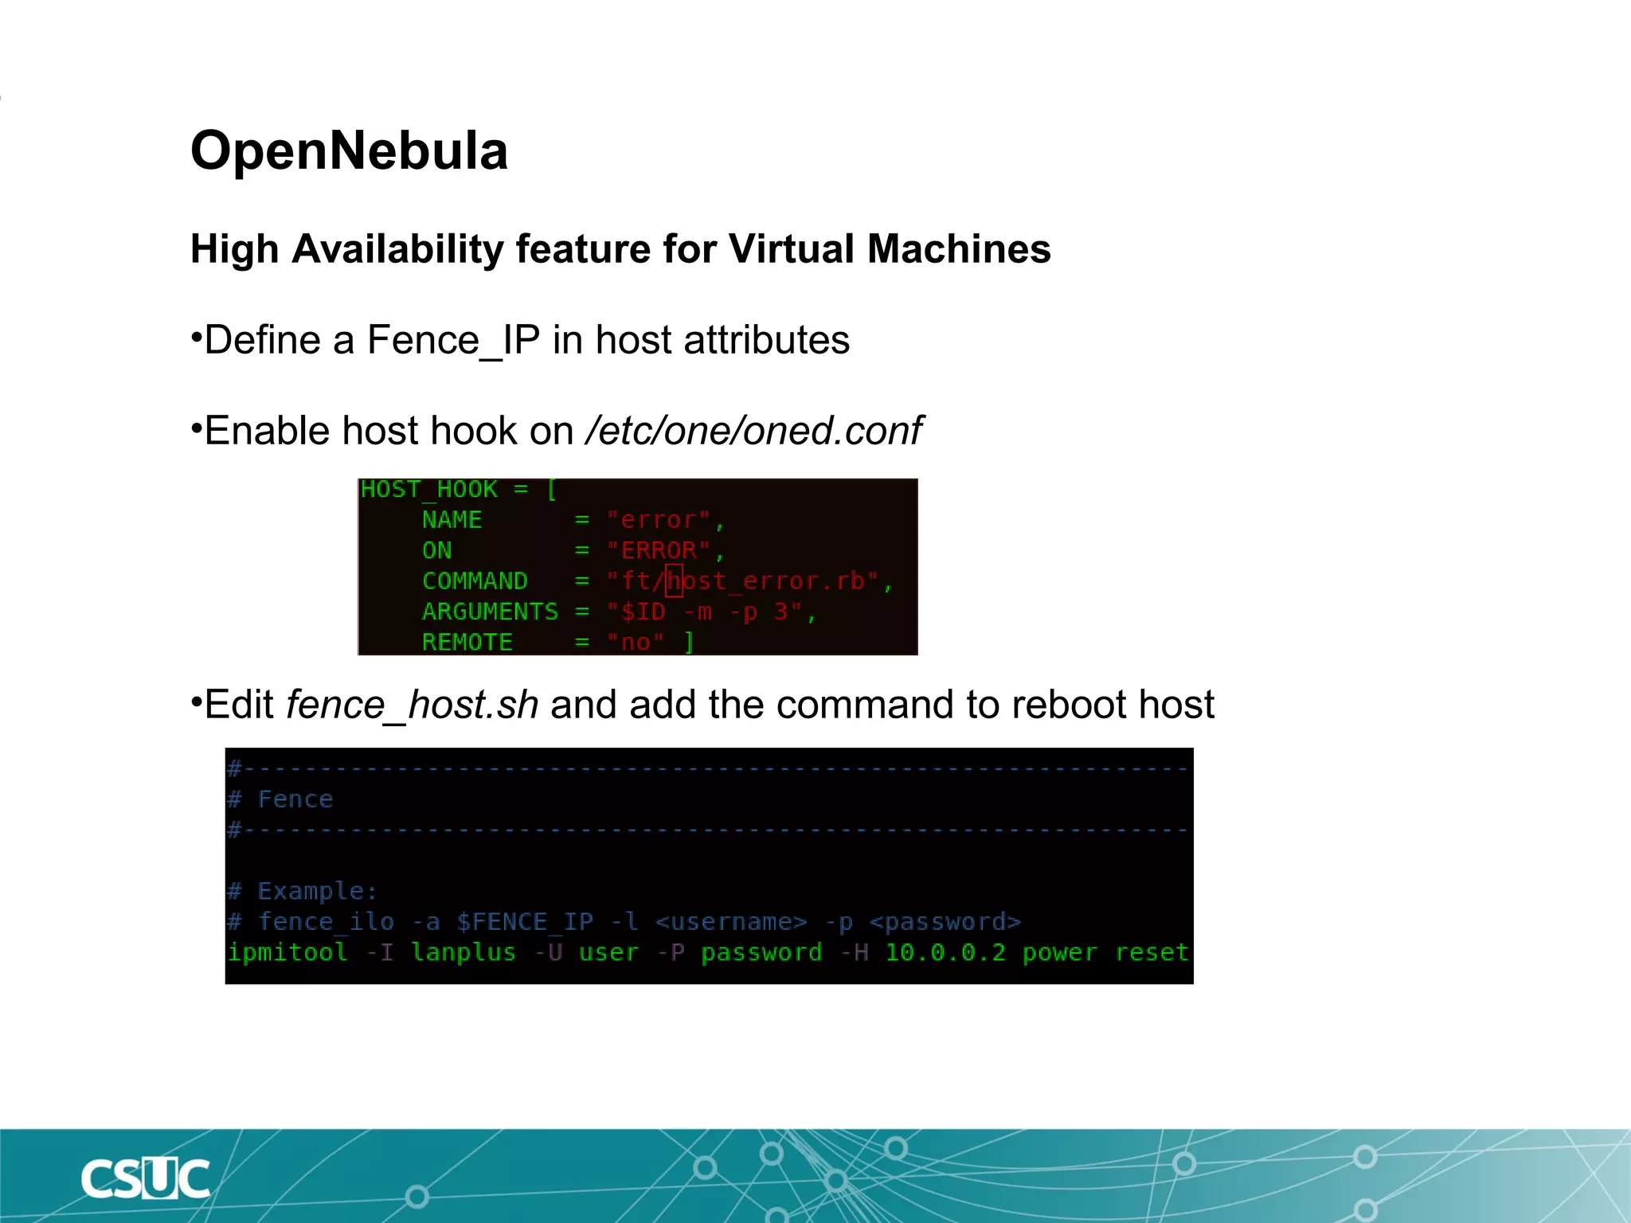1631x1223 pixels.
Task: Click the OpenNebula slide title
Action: point(349,150)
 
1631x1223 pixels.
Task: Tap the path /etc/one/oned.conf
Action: point(753,431)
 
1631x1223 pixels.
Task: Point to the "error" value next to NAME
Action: point(657,520)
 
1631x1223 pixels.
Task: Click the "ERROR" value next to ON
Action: point(657,550)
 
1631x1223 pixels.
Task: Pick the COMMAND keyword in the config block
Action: point(475,581)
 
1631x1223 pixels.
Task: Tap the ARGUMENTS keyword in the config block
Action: point(490,611)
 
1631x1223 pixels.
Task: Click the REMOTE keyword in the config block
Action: point(467,642)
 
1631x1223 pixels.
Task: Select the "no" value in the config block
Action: point(635,642)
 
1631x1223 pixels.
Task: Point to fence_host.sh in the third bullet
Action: point(412,705)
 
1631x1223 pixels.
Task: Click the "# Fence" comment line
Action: point(280,799)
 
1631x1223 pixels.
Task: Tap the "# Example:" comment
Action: point(303,891)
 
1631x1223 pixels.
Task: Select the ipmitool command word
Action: point(287,952)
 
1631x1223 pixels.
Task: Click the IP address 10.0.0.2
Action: point(945,952)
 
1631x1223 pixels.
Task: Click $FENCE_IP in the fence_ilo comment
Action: point(525,922)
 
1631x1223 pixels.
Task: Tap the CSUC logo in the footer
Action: point(145,1178)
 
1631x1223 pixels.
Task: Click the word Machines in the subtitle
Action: point(959,249)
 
